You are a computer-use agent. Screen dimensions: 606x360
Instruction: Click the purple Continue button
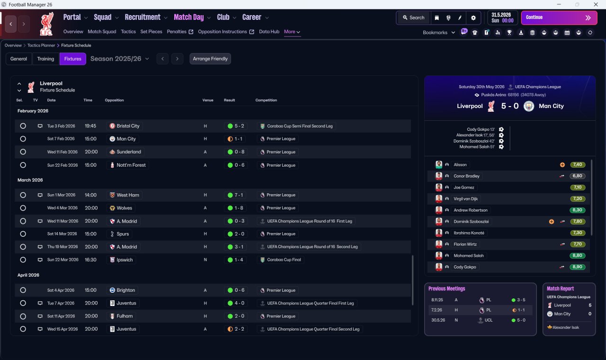click(x=559, y=18)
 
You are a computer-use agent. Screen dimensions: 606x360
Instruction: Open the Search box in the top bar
click(x=414, y=18)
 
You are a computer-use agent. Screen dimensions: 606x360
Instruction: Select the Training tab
click(x=45, y=59)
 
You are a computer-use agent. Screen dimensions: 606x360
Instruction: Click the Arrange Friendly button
click(x=210, y=59)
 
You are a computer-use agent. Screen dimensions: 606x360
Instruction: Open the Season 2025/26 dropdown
click(x=120, y=59)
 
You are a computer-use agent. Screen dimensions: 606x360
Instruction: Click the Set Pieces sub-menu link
click(x=151, y=32)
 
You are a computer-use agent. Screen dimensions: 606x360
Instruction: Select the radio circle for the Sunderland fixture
click(x=23, y=152)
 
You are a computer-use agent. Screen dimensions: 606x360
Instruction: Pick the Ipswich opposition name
click(x=125, y=260)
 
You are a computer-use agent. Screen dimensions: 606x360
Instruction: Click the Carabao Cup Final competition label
click(x=284, y=260)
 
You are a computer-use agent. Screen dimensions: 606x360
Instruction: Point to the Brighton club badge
click(x=112, y=290)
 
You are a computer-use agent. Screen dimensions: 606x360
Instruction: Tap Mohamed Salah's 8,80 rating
click(x=577, y=255)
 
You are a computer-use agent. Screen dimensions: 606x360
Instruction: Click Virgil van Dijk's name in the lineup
click(x=465, y=198)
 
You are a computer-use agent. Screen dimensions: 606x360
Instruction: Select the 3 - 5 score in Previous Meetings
click(x=521, y=300)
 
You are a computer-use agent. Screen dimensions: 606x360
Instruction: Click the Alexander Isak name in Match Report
click(x=566, y=327)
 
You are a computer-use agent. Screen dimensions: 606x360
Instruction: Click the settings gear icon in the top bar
click(x=473, y=18)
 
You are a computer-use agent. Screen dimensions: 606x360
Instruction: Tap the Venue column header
click(x=208, y=100)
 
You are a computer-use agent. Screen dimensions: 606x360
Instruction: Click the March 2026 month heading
click(x=30, y=180)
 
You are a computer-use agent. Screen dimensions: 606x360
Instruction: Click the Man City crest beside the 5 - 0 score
click(x=529, y=106)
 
